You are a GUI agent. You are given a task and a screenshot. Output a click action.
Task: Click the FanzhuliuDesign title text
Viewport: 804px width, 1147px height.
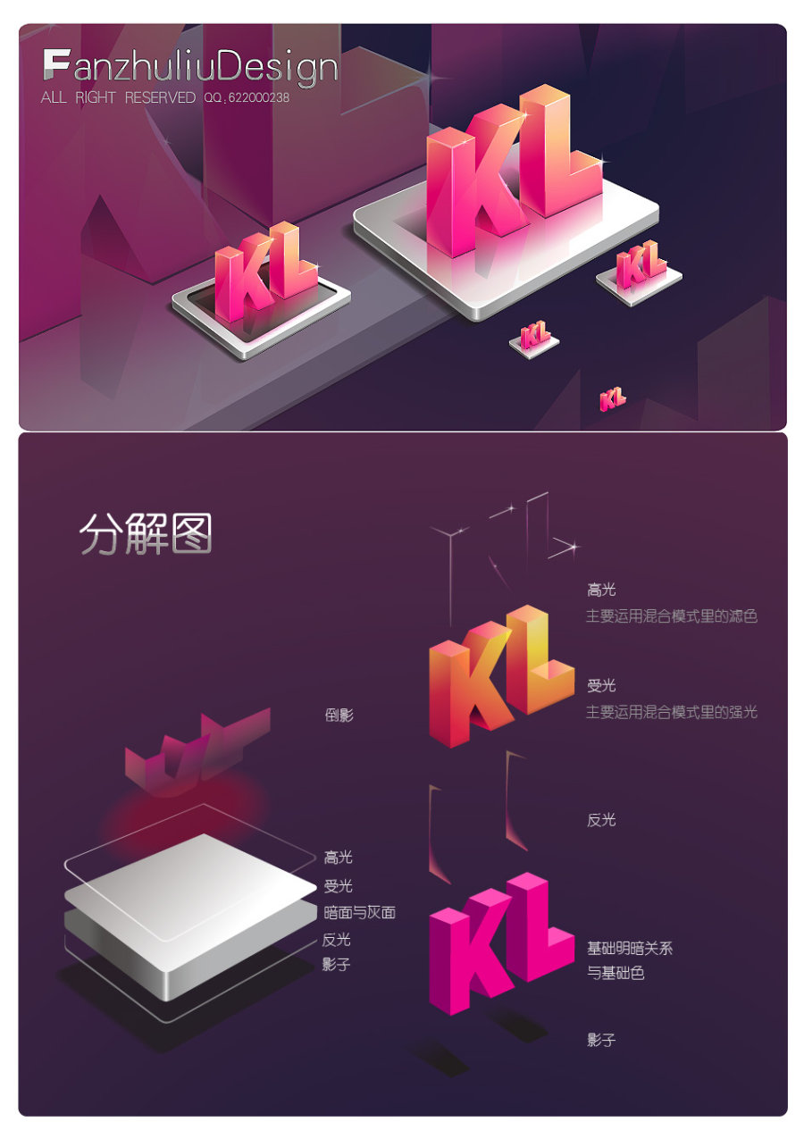(x=190, y=68)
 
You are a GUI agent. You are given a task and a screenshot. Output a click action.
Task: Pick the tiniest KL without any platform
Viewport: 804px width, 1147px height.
(x=613, y=398)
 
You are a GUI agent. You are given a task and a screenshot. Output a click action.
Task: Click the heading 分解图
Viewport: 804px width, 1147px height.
(x=146, y=534)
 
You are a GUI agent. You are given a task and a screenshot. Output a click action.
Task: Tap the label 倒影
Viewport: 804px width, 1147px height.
(x=339, y=716)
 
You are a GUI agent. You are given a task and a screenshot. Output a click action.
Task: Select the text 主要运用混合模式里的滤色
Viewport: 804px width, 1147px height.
(x=671, y=616)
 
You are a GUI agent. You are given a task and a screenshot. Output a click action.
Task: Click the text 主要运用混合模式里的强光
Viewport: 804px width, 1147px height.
(x=671, y=712)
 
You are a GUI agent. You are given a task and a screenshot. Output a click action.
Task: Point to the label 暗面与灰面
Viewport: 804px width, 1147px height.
(x=359, y=912)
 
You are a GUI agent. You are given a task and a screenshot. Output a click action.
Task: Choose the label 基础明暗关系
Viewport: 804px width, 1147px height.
(x=629, y=948)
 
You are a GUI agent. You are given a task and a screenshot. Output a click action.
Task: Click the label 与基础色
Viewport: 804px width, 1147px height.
(x=616, y=973)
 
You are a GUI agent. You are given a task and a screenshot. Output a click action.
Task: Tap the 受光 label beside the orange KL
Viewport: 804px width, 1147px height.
(x=601, y=686)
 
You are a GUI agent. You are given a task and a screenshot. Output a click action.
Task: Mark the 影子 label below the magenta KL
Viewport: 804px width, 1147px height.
(x=601, y=1040)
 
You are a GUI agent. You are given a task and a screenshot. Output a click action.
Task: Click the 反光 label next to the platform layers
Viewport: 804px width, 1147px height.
(x=336, y=939)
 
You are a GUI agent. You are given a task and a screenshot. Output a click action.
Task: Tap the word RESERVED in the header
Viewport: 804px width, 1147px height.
(x=160, y=98)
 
